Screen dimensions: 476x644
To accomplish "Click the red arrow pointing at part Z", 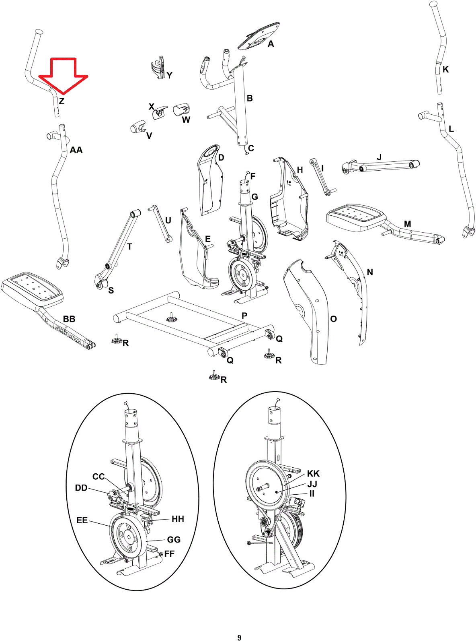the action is coord(63,76).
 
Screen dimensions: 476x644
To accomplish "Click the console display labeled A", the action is coord(259,35).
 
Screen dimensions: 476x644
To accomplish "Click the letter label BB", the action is coord(69,319).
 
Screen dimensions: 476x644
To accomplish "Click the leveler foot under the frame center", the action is coord(172,318).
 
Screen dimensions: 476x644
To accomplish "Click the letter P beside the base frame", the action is coord(244,316).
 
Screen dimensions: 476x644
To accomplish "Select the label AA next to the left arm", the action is coord(76,150).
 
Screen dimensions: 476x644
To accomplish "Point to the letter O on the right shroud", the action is coord(334,319).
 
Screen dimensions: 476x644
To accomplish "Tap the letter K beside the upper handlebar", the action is coord(446,70).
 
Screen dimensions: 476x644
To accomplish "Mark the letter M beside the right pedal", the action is coord(408,224).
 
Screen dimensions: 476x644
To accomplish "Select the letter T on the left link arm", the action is coord(130,247).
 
